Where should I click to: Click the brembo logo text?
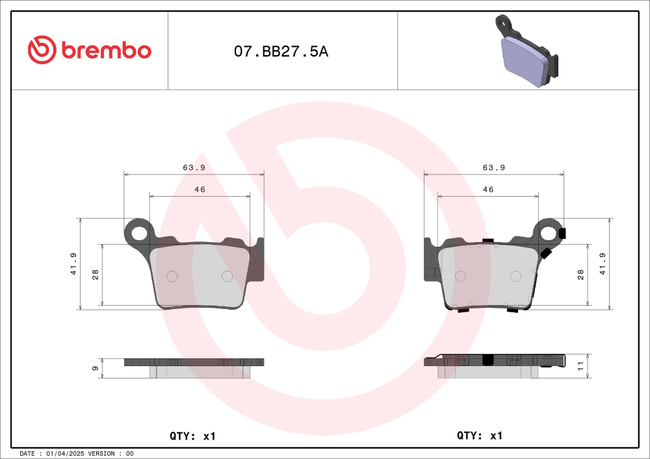click(x=107, y=50)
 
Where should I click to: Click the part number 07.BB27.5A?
click(x=281, y=52)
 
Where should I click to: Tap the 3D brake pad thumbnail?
click(x=526, y=52)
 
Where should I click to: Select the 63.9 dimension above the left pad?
click(x=194, y=167)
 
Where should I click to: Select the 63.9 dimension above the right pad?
click(x=494, y=167)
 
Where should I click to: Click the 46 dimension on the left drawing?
click(x=200, y=190)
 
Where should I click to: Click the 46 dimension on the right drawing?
click(x=488, y=190)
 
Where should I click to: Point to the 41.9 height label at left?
click(x=74, y=264)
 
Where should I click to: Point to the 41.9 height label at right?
click(x=603, y=264)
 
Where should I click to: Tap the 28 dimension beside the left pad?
click(x=96, y=275)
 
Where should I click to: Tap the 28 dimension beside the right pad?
click(x=580, y=275)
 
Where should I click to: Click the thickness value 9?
click(x=96, y=368)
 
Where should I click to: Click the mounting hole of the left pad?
click(x=138, y=231)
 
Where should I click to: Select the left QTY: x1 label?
click(x=192, y=436)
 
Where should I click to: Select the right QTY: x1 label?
click(x=480, y=436)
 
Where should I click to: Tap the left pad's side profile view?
click(x=194, y=367)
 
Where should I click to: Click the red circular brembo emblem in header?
click(x=42, y=50)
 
